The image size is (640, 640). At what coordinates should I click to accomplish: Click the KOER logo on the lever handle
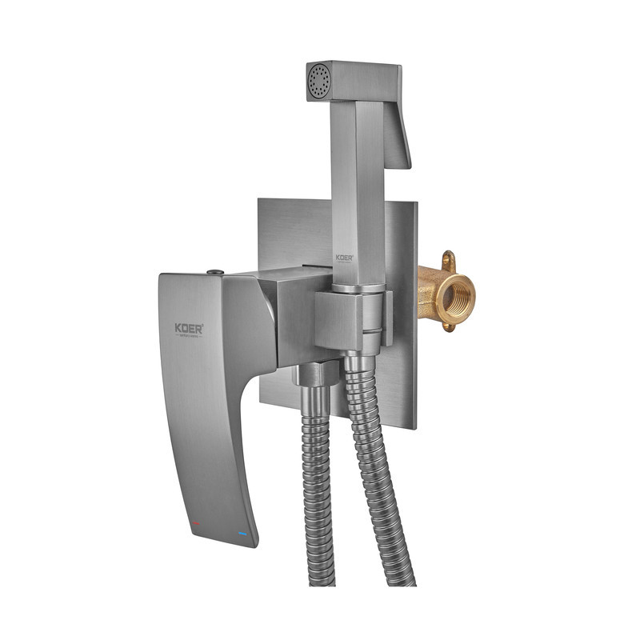(x=189, y=329)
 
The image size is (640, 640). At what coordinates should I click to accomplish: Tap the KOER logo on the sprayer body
(x=344, y=258)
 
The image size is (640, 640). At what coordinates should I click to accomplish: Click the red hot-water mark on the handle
(x=196, y=523)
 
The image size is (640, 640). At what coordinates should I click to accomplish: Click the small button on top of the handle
(x=214, y=273)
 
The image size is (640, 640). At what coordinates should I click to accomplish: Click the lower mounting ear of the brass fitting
(x=450, y=326)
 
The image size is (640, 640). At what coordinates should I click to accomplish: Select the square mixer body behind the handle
(x=300, y=316)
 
